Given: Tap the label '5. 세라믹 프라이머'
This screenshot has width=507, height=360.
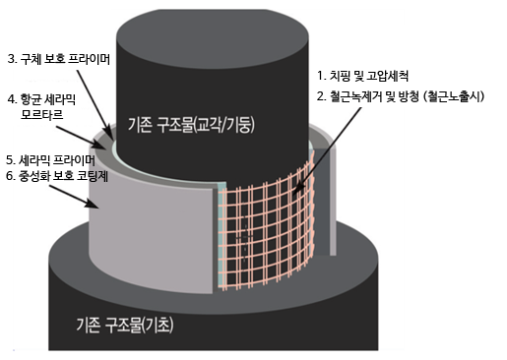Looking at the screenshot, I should click(50, 159).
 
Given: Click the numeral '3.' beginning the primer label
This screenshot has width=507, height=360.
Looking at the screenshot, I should click(10, 59).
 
